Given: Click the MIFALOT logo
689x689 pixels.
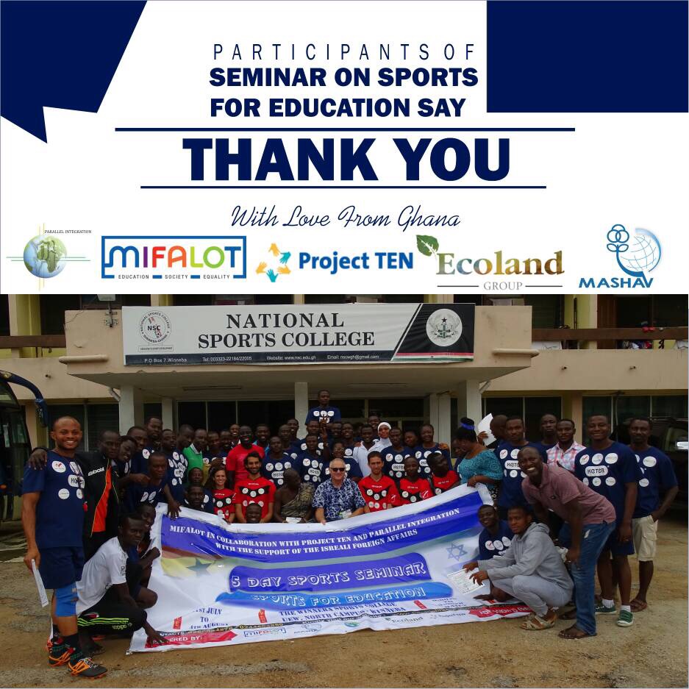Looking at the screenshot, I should tap(174, 258).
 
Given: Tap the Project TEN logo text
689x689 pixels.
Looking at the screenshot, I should tap(355, 261).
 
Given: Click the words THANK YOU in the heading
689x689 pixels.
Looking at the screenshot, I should tap(346, 159).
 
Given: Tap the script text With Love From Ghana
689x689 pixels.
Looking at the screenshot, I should tap(346, 217).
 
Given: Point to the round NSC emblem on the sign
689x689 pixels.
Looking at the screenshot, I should tap(156, 329).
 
